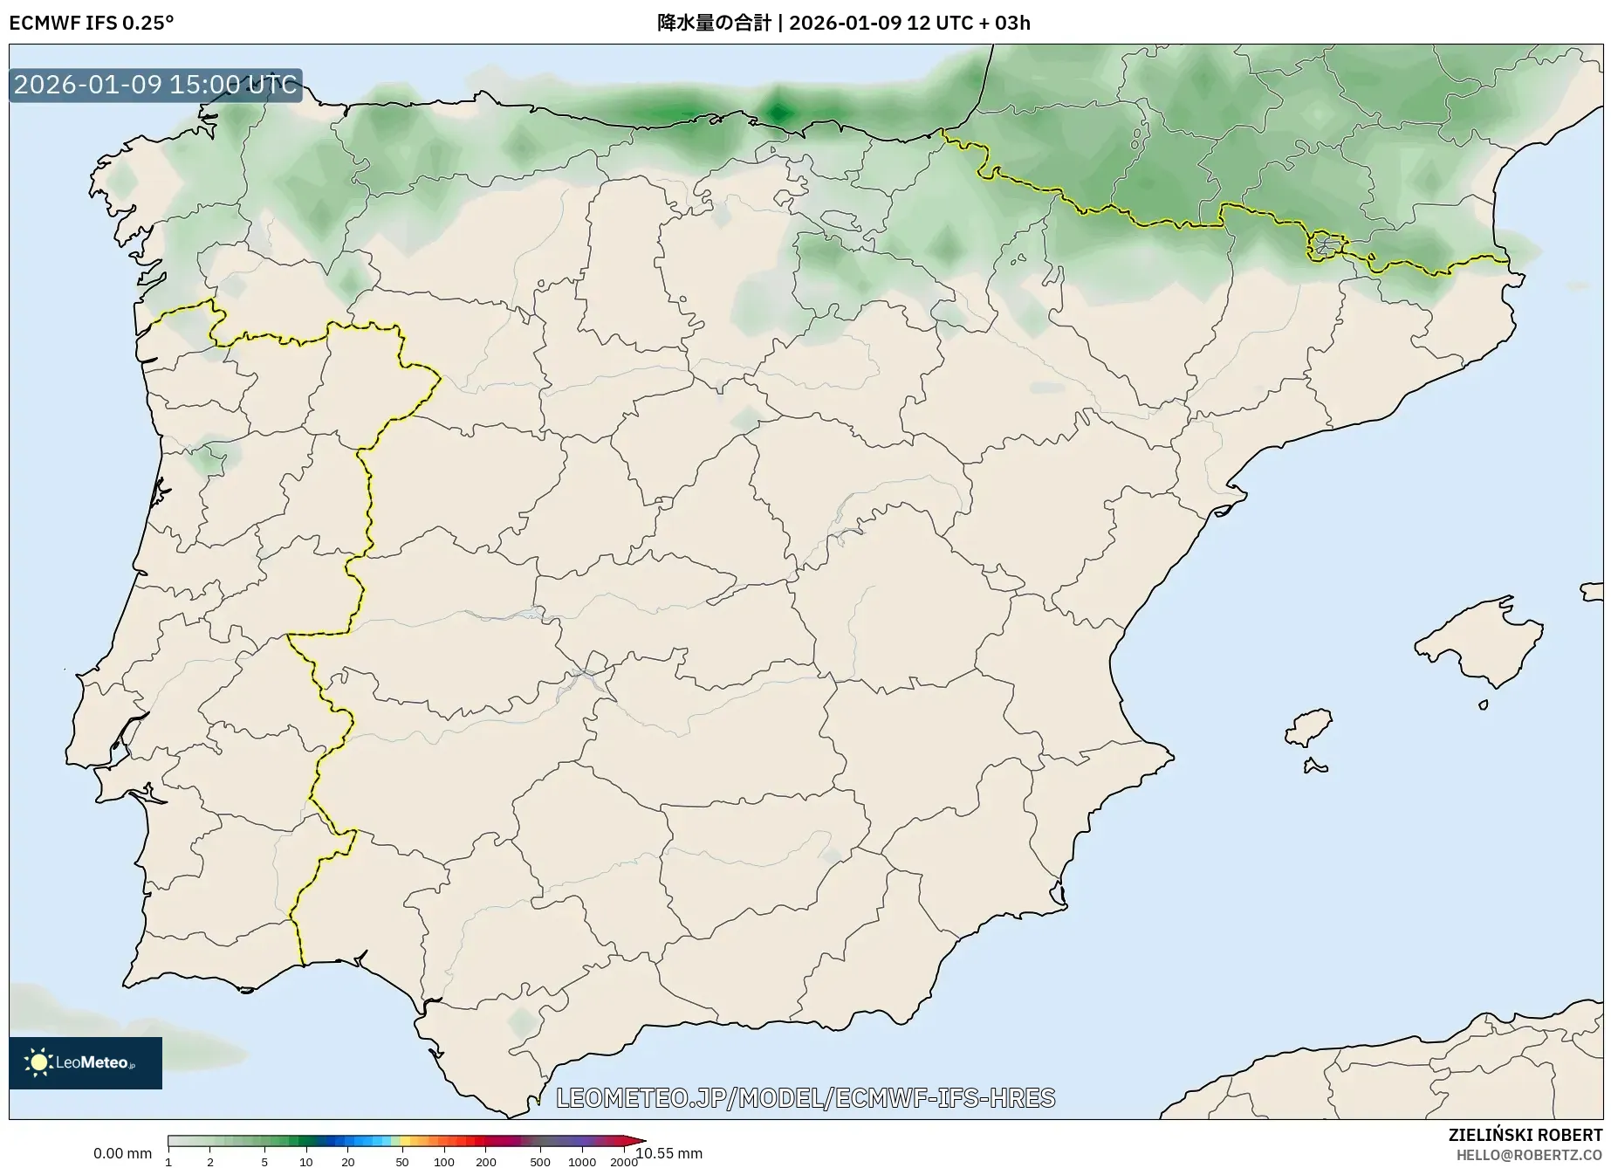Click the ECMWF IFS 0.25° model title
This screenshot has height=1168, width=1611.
click(91, 23)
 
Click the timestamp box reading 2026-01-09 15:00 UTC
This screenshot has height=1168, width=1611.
click(155, 85)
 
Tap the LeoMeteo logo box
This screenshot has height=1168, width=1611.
click(86, 1062)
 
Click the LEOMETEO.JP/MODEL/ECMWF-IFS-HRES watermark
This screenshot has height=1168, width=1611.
click(805, 1098)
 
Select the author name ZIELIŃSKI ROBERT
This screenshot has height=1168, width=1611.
click(1525, 1136)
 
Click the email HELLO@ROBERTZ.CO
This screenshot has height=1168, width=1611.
click(1529, 1155)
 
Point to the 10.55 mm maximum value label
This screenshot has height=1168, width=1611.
click(670, 1153)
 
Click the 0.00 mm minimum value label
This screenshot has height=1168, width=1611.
click(122, 1153)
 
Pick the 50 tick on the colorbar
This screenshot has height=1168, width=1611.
click(401, 1162)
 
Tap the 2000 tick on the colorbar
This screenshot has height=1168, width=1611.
click(623, 1162)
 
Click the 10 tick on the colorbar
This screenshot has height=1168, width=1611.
click(305, 1162)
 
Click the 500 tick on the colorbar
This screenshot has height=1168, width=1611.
click(539, 1162)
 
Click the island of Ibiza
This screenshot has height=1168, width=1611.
click(1310, 727)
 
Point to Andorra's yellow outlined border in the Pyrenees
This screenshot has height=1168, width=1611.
click(1326, 246)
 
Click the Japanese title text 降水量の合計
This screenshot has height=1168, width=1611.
click(714, 23)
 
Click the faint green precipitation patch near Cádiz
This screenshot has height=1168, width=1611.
click(523, 1022)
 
